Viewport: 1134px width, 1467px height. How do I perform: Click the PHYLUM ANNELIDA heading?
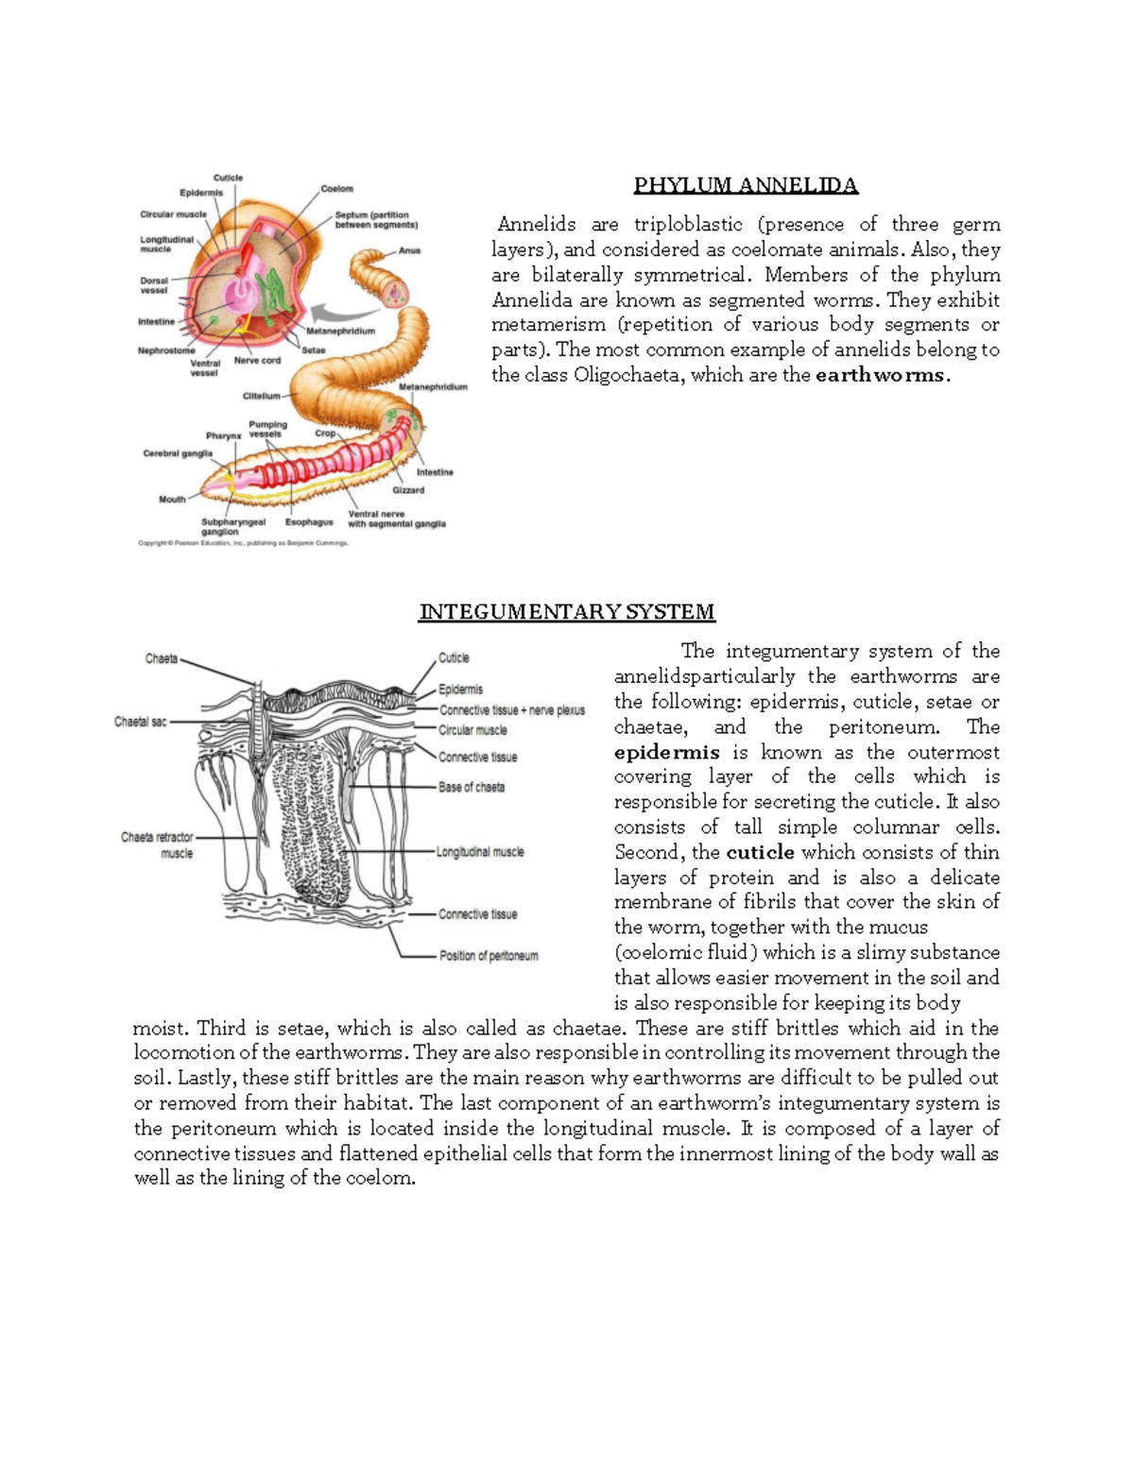pos(746,185)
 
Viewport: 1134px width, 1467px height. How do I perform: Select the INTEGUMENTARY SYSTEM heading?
pos(567,612)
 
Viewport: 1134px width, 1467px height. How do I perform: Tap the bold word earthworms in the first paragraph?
pos(880,375)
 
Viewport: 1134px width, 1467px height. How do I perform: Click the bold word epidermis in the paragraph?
pos(666,752)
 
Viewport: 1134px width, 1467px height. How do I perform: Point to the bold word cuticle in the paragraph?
pos(760,852)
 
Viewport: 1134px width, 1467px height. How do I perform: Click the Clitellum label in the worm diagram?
pos(262,396)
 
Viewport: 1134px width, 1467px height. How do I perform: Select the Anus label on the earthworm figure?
pos(409,251)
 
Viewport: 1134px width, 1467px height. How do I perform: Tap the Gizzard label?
pos(408,490)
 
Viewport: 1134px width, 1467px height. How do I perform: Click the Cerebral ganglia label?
pos(178,453)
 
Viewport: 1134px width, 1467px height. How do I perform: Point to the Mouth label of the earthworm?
pos(172,499)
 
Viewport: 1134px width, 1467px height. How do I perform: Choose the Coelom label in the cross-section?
pos(336,189)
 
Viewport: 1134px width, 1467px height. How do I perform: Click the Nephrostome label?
pos(166,350)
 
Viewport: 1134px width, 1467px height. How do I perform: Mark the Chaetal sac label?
pos(140,722)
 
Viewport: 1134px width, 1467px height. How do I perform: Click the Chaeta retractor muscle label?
pos(157,844)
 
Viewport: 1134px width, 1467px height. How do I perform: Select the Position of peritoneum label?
pos(489,956)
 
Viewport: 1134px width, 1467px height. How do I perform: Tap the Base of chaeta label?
pos(471,787)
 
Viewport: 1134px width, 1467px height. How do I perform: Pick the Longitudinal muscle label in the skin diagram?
pos(480,852)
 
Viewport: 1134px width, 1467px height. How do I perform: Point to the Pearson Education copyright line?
pos(243,543)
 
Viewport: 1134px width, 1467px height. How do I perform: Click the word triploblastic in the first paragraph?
pos(688,225)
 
